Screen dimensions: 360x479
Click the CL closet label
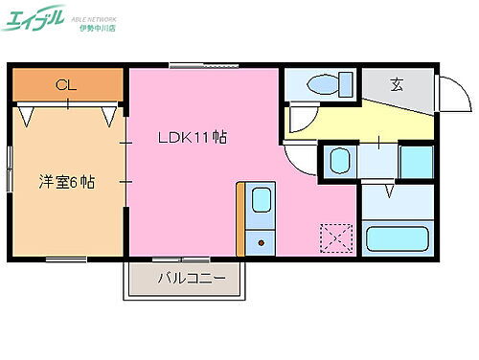[x=64, y=85]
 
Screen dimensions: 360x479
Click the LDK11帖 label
[x=192, y=137]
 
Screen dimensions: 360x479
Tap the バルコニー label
[x=192, y=280]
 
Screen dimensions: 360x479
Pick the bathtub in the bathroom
[x=397, y=236]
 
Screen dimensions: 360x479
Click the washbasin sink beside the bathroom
[x=339, y=160]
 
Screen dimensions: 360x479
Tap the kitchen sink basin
[x=261, y=201]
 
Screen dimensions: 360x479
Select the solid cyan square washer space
[x=416, y=160]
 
